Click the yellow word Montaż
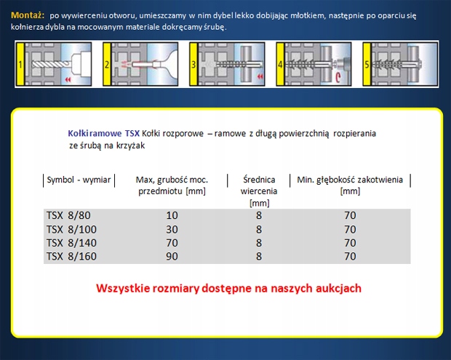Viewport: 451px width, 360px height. [28, 15]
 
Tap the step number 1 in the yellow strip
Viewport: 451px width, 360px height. [20, 65]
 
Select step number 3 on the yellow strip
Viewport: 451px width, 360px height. [193, 65]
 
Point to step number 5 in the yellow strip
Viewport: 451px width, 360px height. [367, 65]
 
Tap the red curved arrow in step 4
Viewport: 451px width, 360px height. [338, 78]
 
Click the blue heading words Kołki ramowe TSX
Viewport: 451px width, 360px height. [103, 133]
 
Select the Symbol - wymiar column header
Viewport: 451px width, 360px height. [79, 180]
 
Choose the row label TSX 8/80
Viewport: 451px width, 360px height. [68, 215]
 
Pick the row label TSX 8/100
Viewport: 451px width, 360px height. [71, 230]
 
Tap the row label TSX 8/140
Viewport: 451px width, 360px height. [71, 243]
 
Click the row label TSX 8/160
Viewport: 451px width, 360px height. [71, 257]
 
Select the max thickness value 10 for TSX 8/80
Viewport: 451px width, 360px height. [172, 215]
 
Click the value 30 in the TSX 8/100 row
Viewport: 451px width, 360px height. [172, 230]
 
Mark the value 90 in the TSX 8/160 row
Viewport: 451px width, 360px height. [172, 257]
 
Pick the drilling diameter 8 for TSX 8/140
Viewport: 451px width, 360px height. [259, 243]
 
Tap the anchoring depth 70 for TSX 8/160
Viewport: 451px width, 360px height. [350, 257]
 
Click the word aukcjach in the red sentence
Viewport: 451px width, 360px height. [338, 289]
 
